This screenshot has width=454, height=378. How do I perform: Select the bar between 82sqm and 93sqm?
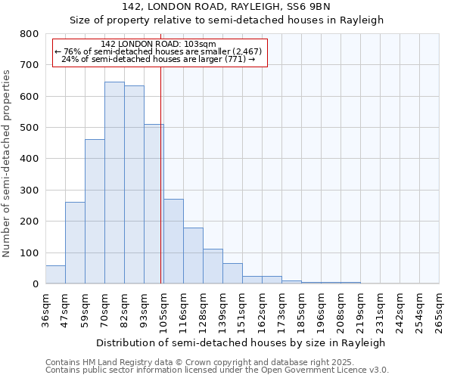134,184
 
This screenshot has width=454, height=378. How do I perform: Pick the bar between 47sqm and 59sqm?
75,243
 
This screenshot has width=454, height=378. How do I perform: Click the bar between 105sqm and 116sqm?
173,241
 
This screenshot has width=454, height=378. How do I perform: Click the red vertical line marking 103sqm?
161,189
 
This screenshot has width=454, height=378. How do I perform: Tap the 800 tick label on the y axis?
29,34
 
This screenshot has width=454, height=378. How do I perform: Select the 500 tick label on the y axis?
29,128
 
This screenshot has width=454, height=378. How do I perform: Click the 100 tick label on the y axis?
29,253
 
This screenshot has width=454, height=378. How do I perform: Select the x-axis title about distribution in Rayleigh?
241,342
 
